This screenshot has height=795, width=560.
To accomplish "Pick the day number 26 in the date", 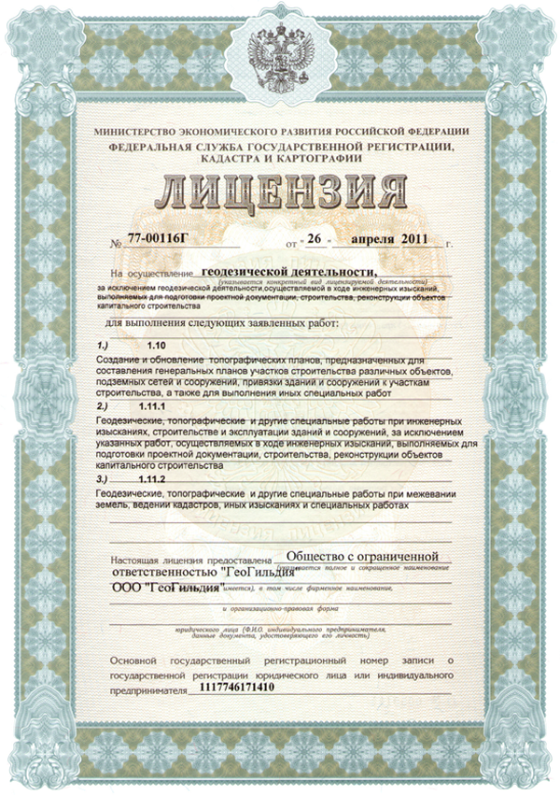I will pos(315,240).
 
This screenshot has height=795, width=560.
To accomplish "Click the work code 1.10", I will pos(156,345).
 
